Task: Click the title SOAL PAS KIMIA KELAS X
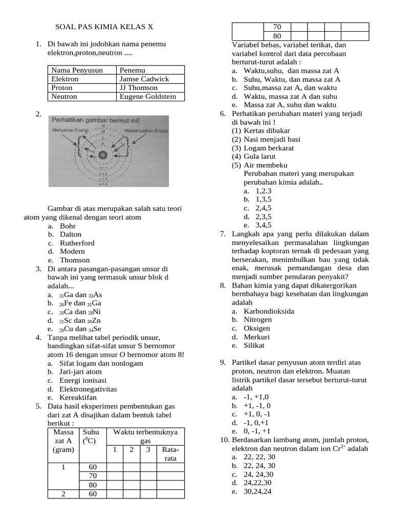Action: pos(104,27)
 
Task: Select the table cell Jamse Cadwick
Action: pos(144,79)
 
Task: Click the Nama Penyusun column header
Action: pos(77,70)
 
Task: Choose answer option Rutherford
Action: pos(77,243)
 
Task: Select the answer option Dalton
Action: pos(71,234)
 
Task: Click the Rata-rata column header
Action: pos(170,454)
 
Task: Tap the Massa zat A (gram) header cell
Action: pos(63,441)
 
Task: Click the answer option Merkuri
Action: pos(256,337)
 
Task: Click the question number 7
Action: pos(223,234)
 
